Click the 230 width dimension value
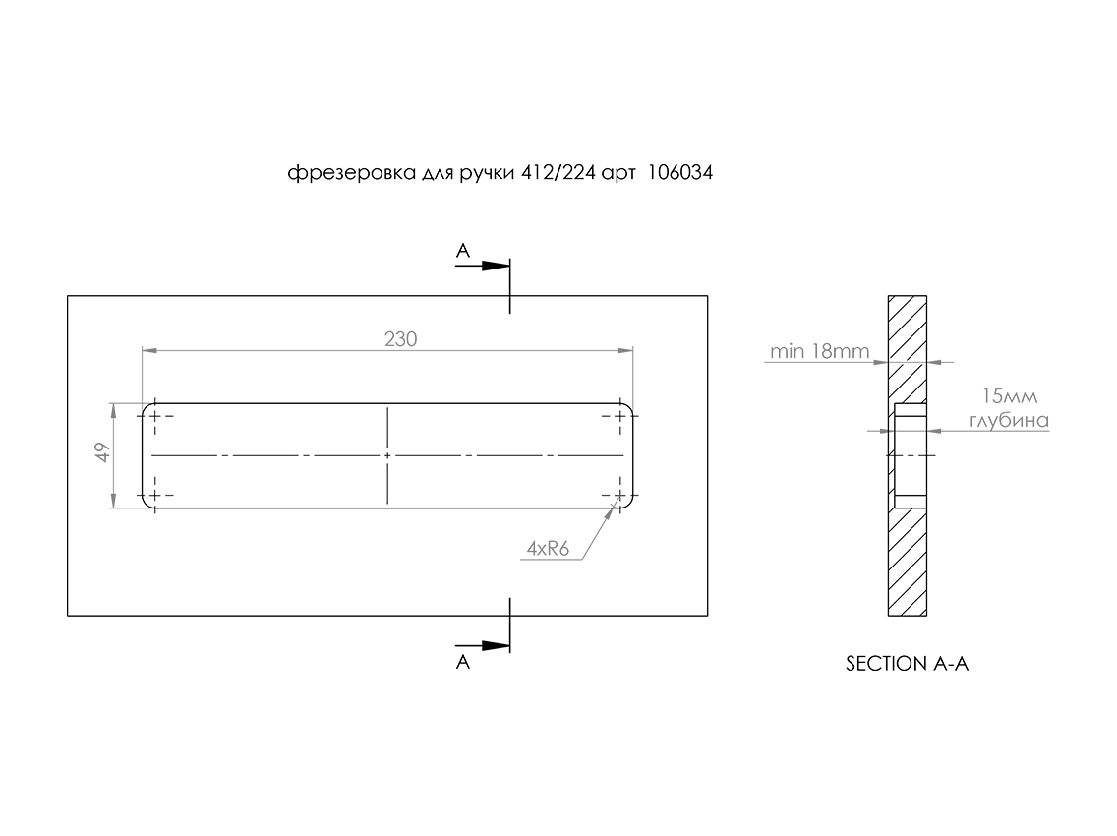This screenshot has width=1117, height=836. [401, 339]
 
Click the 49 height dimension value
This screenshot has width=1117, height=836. [103, 454]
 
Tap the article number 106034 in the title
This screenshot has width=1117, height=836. [680, 173]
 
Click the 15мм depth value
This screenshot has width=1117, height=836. [1010, 397]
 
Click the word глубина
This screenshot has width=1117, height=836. [1010, 421]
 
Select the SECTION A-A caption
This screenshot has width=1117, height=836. [908, 664]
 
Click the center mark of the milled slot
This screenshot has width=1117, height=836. [388, 456]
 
